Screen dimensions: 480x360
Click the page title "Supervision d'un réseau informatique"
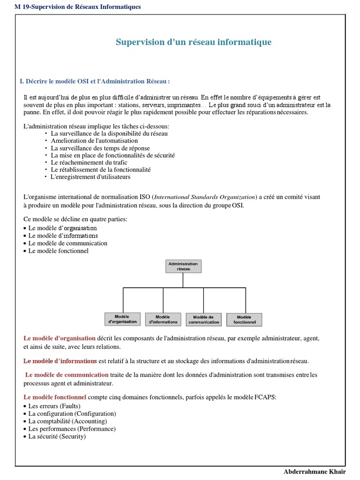[193, 42]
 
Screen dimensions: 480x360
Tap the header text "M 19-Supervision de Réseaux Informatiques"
[78, 7]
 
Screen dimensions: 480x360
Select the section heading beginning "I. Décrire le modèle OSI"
[95, 82]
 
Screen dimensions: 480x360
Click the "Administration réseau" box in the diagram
[183, 266]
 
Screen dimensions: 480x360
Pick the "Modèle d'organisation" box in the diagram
[123, 319]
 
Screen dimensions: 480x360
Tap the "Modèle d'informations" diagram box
[163, 319]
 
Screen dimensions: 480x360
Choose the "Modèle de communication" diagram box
[203, 319]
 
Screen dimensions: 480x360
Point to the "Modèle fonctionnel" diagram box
[244, 319]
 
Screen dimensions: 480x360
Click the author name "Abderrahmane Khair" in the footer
[314, 471]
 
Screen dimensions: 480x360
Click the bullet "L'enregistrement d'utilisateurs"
[90, 177]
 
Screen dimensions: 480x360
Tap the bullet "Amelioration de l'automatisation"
[94, 141]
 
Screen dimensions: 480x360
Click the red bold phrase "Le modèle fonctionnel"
[55, 397]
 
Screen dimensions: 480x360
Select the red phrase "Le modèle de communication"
[67, 375]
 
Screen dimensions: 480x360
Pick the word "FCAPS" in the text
[265, 397]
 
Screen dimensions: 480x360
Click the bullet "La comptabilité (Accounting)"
[67, 421]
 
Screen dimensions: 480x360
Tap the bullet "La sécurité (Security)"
[57, 436]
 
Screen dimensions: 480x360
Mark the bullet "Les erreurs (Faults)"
[54, 406]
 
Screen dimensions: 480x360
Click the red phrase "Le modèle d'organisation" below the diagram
[59, 338]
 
